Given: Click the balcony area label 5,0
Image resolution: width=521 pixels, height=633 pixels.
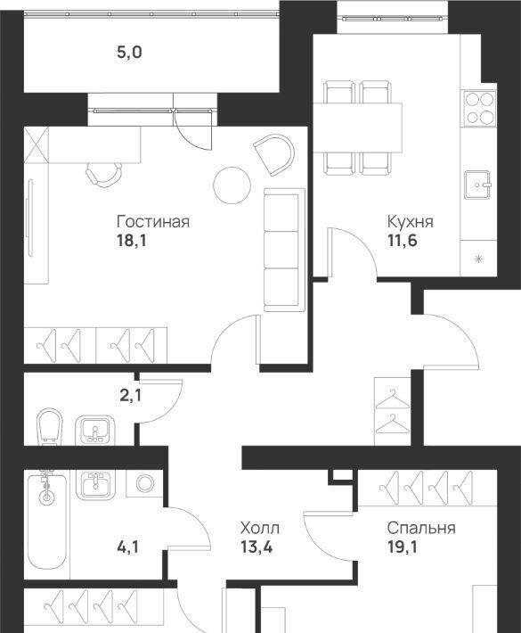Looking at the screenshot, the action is pos(129,53).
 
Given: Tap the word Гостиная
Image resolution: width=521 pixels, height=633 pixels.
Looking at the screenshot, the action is pos(153,222).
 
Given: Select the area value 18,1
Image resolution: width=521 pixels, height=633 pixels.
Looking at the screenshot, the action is pos(131,241).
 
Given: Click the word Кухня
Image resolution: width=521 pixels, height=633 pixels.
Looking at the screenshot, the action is pos(410,222).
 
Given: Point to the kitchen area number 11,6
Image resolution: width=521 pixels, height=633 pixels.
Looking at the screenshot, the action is pos(402,241).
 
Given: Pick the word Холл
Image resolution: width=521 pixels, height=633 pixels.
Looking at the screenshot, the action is pos(259,528).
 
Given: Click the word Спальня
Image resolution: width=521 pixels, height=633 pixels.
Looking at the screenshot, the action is pos(421,528).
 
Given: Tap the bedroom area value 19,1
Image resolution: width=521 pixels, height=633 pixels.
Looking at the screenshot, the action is pos(403,547).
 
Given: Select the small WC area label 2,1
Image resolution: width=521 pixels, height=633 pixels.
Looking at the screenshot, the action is pos(131,396).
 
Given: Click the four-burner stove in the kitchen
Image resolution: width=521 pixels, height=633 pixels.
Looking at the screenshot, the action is pos(479,107).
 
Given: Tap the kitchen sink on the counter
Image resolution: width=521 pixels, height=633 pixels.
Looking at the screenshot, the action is pos(477,185).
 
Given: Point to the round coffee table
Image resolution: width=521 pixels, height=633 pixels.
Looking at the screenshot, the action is pos(232,185).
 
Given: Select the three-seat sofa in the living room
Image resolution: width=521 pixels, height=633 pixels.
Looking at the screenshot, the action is pos(284,250).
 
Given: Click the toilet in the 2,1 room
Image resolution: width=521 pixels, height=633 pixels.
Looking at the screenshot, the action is pos(50,427).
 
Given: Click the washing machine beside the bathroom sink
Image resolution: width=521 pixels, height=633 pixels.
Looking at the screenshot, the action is pos(144,483).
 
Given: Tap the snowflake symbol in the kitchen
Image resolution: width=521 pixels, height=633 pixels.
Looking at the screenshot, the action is pos(478,259).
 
